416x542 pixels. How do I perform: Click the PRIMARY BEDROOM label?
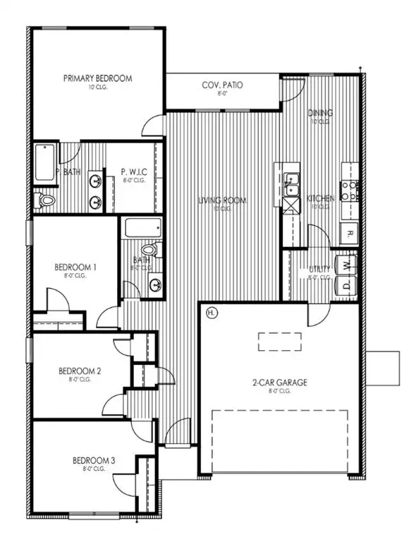pyautogui.click(x=97, y=78)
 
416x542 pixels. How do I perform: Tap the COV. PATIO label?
pyautogui.click(x=223, y=85)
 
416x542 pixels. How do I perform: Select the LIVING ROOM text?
pyautogui.click(x=222, y=201)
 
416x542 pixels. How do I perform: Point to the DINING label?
pyautogui.click(x=320, y=113)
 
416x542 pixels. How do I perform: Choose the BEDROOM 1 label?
pyautogui.click(x=75, y=267)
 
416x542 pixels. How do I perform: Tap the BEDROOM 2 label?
pyautogui.click(x=80, y=371)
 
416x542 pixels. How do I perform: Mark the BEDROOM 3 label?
pyautogui.click(x=94, y=462)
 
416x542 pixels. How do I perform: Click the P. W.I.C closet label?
pyautogui.click(x=134, y=171)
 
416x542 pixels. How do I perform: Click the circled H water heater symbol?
pyautogui.click(x=210, y=311)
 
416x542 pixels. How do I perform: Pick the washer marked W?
pyautogui.click(x=345, y=264)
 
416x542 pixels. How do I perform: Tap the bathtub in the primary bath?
pyautogui.click(x=44, y=162)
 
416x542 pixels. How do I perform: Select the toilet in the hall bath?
pyautogui.click(x=149, y=250)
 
